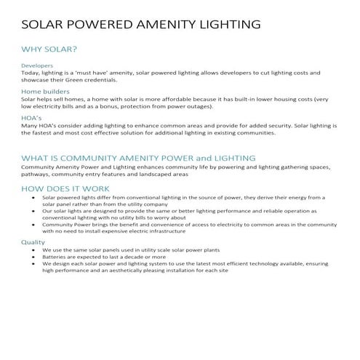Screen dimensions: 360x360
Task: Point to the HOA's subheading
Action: click(x=31, y=118)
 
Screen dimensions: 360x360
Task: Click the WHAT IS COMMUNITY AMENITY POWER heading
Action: click(x=138, y=158)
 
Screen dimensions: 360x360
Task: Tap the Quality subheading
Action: click(x=33, y=241)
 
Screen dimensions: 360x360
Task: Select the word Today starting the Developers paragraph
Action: click(x=31, y=72)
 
